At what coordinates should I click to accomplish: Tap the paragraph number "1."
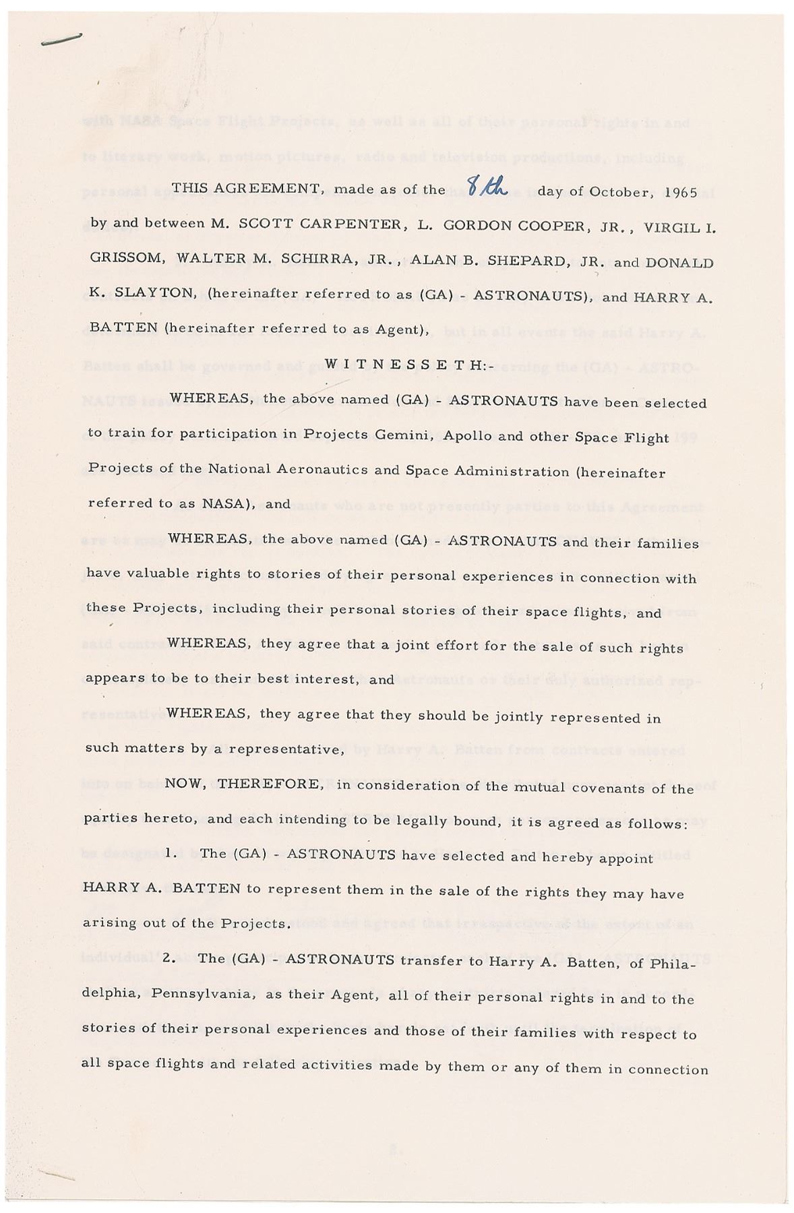coord(171,854)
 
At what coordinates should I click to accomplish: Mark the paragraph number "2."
coord(170,959)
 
